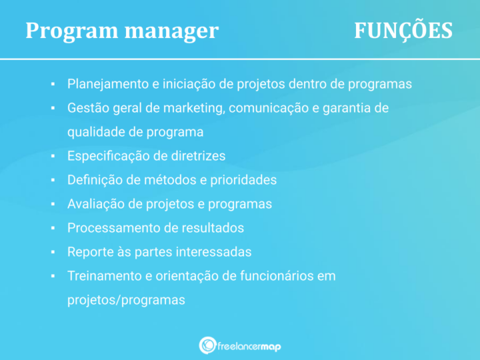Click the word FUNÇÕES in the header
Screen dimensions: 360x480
(x=403, y=31)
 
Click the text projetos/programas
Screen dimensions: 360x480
(x=126, y=300)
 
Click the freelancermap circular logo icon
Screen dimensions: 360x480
(x=207, y=345)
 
